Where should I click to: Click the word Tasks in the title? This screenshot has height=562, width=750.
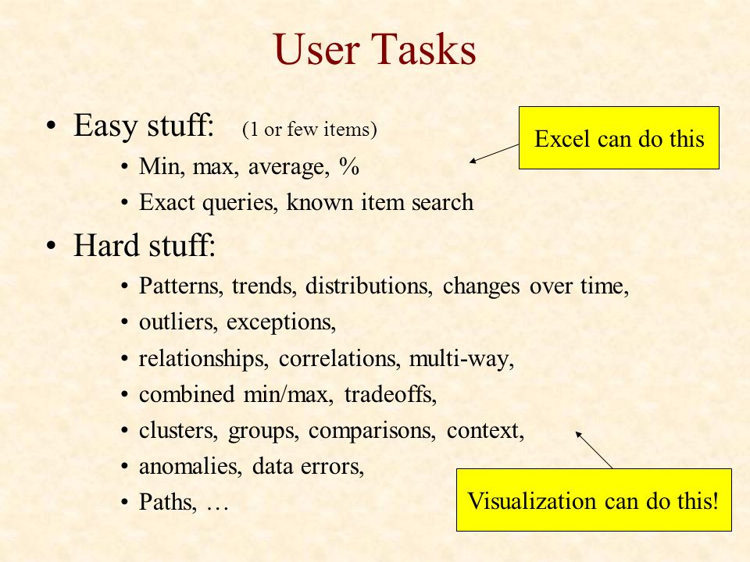pyautogui.click(x=423, y=48)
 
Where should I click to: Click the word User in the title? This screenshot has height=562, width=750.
pyautogui.click(x=316, y=48)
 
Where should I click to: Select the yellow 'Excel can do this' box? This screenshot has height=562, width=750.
pyautogui.click(x=619, y=137)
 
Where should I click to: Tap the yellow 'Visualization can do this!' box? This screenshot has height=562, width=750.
pyautogui.click(x=594, y=500)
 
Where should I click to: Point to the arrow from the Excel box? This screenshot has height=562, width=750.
pyautogui.click(x=494, y=154)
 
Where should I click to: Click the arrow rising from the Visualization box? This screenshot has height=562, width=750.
pyautogui.click(x=594, y=450)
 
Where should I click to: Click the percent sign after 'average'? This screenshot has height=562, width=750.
pyautogui.click(x=348, y=166)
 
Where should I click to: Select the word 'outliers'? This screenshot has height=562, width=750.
pyautogui.click(x=176, y=322)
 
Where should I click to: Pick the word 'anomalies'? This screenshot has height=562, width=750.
pyautogui.click(x=188, y=466)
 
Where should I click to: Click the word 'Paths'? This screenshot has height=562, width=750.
pyautogui.click(x=165, y=502)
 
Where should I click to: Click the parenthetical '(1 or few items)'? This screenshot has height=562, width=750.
pyautogui.click(x=309, y=129)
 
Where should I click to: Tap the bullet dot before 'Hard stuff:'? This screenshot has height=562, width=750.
pyautogui.click(x=52, y=246)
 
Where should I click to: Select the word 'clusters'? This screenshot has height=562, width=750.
pyautogui.click(x=176, y=430)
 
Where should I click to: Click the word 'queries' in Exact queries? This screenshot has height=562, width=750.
pyautogui.click(x=237, y=203)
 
